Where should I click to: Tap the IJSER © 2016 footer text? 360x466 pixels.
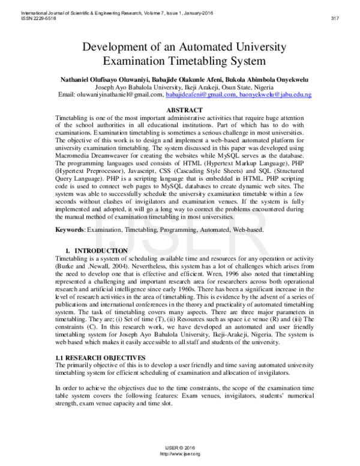pos(179,449)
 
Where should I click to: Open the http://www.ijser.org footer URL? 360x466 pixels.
pos(179,455)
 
